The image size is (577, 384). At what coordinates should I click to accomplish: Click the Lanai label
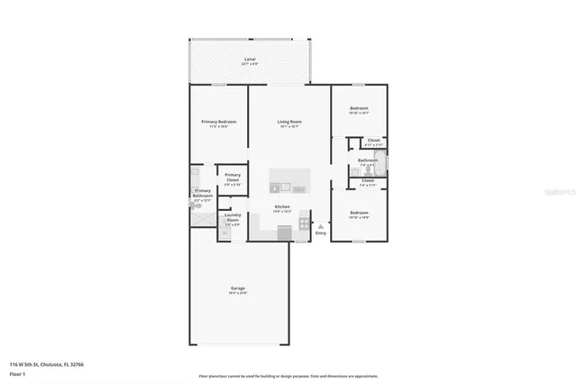(x=249, y=59)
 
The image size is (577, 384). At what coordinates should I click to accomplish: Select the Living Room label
(x=288, y=121)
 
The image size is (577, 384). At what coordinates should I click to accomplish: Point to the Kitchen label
(x=282, y=206)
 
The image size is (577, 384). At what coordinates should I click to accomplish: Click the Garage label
(x=237, y=288)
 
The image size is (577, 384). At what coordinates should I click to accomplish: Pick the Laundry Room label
(x=232, y=216)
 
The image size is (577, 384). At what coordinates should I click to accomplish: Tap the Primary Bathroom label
(x=202, y=193)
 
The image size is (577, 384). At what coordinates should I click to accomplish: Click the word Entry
(x=321, y=233)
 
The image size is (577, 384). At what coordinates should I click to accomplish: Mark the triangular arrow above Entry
(x=321, y=226)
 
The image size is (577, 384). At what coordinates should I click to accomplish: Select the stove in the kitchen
(x=285, y=233)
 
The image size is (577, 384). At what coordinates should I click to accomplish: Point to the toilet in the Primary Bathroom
(x=194, y=171)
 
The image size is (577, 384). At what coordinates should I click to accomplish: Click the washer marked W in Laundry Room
(x=225, y=233)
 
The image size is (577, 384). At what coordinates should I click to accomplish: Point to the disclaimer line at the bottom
(x=288, y=375)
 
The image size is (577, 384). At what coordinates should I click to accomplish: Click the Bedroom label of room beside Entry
(x=359, y=214)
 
